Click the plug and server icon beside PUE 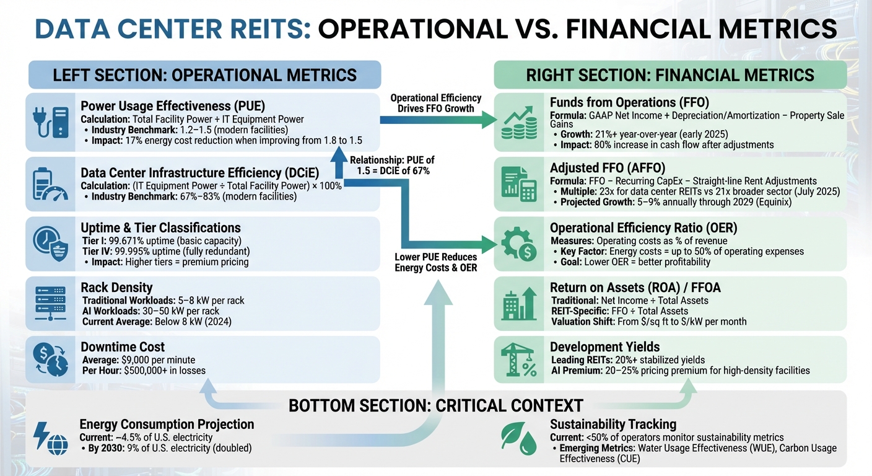[51, 123]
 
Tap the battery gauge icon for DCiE [51, 183]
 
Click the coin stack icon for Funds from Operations [520, 123]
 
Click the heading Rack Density [116, 288]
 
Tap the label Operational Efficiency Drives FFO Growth [435, 104]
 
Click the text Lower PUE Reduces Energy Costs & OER [435, 262]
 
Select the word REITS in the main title [256, 30]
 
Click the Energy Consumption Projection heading [167, 425]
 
